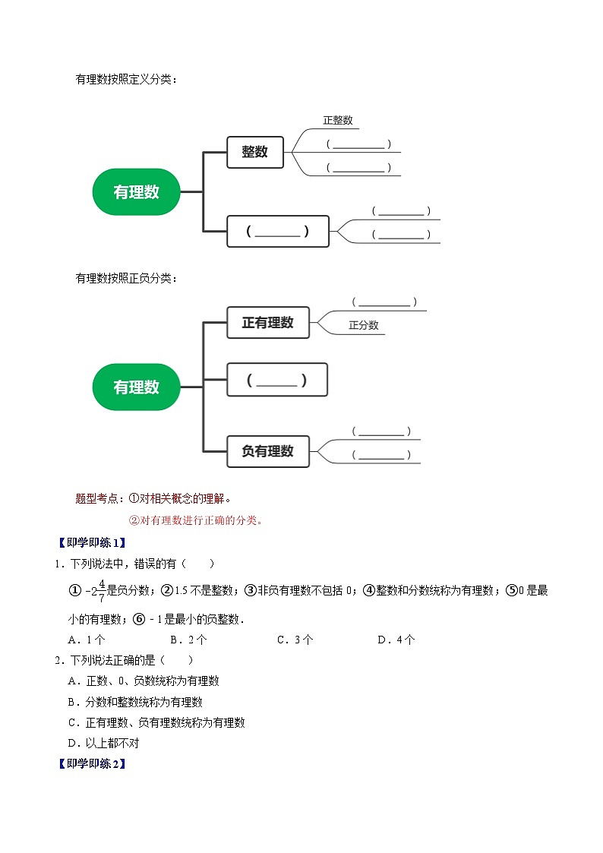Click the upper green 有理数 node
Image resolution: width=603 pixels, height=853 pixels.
point(137,192)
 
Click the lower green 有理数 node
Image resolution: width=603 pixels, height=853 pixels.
point(137,387)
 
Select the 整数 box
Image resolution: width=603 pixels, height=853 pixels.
point(255,152)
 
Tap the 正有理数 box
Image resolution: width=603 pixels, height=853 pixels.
point(267,323)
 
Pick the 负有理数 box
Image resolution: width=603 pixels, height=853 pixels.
point(267,451)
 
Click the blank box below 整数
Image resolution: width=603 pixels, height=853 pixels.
point(278,232)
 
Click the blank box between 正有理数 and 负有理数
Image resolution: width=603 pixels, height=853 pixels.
point(277,380)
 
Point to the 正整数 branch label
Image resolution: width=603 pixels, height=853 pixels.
point(337,120)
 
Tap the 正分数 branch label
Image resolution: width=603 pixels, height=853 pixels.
point(364,325)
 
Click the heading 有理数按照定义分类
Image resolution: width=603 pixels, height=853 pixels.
point(126,78)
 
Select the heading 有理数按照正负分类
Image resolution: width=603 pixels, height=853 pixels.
point(126,278)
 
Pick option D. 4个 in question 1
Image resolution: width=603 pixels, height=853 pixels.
point(396,640)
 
